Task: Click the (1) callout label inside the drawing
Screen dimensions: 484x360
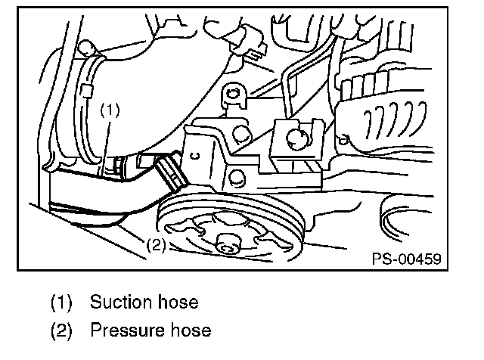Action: [x=110, y=109]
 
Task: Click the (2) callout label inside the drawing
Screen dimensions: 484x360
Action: [x=155, y=244]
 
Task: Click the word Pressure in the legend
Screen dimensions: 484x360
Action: [x=124, y=331]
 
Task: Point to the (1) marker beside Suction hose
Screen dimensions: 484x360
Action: [x=62, y=303]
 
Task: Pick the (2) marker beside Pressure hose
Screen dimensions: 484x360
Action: [x=62, y=331]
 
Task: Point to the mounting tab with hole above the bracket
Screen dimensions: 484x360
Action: [x=234, y=98]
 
